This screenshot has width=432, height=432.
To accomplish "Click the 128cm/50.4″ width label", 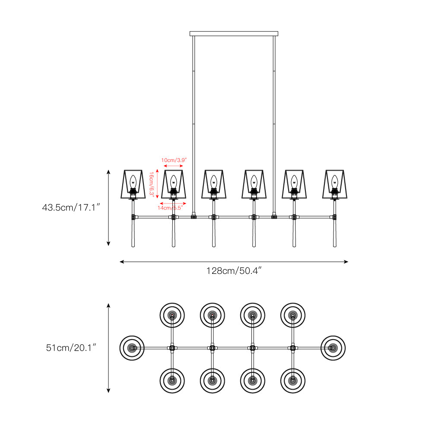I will coord(234,271).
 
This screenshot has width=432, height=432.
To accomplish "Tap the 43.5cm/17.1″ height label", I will coord(71,208).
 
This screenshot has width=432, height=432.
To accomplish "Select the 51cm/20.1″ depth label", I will coord(71,348).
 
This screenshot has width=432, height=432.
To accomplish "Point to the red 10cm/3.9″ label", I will coord(174,160).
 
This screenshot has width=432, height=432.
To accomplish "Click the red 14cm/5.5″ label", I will coord(173,208).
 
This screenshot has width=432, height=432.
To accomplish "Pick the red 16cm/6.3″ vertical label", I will coord(152,184).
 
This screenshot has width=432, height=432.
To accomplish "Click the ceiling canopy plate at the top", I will coord(234,33).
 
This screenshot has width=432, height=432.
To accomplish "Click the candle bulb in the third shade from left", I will coord(213,182).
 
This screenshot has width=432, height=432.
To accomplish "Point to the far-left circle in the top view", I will coord(132,347).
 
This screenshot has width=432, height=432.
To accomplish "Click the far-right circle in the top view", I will coord(334,347).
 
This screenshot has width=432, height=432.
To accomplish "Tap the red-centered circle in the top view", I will coord(172,315).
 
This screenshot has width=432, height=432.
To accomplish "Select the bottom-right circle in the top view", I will coord(293,381).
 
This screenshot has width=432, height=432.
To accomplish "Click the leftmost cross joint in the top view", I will coord(172,347).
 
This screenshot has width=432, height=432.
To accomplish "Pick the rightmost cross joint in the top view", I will coord(293,347).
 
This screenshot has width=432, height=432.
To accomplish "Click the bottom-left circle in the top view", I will coord(172,381).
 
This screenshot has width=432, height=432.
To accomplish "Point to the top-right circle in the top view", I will coord(293,315).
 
